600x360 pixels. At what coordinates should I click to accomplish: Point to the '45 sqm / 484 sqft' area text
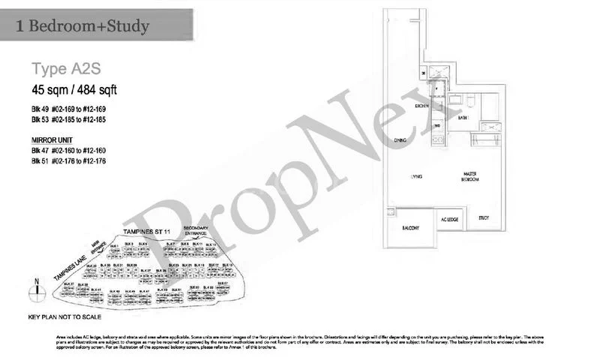(x=74, y=91)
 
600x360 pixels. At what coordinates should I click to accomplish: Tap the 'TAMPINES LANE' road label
(x=71, y=265)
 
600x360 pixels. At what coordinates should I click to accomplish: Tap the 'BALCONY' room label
(x=409, y=228)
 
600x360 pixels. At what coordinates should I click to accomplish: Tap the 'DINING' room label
(x=400, y=140)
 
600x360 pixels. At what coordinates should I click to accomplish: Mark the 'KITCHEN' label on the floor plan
(x=421, y=106)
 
